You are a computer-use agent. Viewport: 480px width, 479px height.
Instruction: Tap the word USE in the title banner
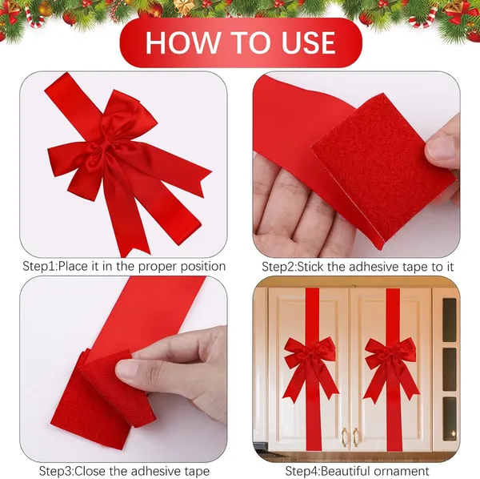[308, 42]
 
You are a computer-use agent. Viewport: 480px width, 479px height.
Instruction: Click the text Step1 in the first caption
[39, 266]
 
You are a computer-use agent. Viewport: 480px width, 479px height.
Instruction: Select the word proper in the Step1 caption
[157, 267]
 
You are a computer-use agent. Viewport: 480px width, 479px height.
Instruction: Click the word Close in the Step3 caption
[94, 471]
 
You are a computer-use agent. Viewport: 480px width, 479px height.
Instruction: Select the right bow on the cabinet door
[390, 368]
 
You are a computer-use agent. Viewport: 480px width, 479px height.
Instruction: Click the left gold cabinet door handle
[344, 437]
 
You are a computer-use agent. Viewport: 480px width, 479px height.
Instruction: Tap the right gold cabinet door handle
[356, 437]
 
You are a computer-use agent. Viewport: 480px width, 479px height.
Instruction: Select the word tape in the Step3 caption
[197, 471]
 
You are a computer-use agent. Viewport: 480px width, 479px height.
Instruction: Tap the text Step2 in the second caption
[278, 267]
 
